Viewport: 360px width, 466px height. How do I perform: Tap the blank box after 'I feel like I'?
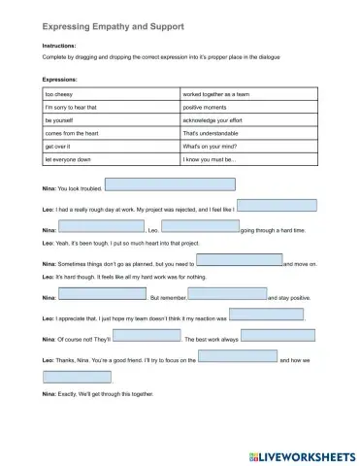pyautogui.click(x=276, y=205)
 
